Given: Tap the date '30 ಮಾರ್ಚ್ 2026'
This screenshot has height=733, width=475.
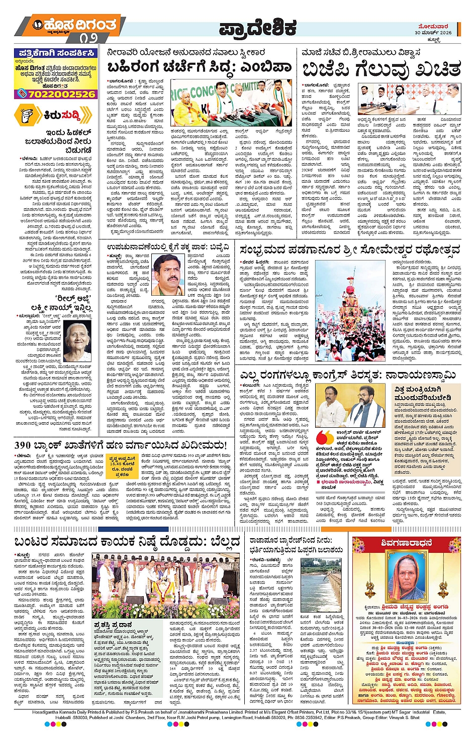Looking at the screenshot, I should coord(433,33).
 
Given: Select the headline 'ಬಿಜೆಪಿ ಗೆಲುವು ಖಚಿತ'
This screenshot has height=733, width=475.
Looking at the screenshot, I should coord(381,68).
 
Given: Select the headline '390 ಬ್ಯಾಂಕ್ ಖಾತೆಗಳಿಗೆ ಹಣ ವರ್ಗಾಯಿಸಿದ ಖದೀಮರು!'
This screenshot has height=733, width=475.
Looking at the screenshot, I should coord(121,445).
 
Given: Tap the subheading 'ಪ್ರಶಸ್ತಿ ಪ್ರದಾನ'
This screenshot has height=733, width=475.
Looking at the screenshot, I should coord(113,625).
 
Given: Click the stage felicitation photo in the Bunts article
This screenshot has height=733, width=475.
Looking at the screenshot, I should coord(165,585).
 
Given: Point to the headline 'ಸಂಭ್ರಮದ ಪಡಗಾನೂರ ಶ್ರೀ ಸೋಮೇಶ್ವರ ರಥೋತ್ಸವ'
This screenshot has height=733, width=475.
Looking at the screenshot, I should coord(350,250).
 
